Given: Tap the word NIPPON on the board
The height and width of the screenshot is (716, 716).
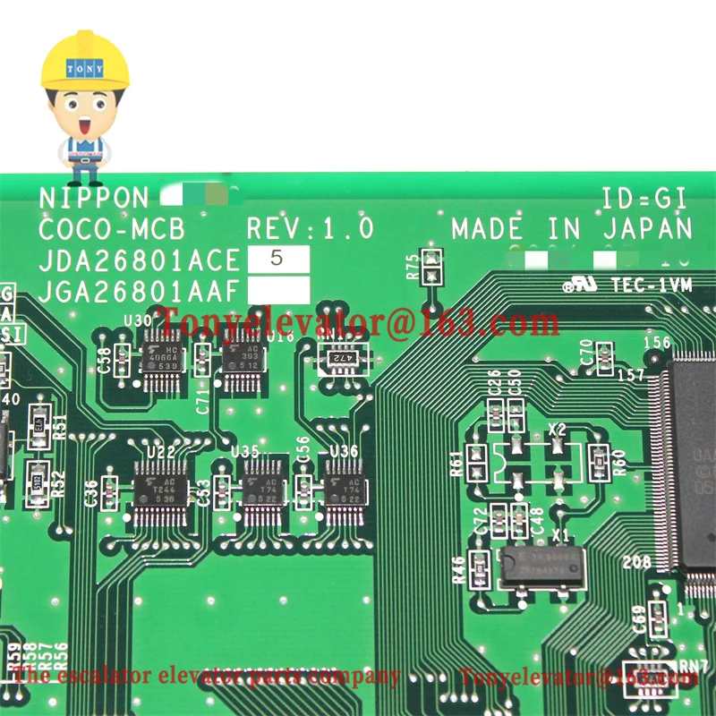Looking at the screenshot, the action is click(94, 199).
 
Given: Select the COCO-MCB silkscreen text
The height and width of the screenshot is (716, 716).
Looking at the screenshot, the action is click(112, 229).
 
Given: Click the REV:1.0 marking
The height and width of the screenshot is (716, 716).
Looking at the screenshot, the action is click(311, 228).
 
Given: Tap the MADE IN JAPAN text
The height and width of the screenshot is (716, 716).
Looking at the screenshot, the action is click(572, 228).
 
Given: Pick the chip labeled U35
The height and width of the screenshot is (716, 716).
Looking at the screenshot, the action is click(262, 489).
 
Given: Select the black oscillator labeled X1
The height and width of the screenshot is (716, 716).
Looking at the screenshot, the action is click(541, 565).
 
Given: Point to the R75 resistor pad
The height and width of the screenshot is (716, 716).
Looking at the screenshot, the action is click(432, 265).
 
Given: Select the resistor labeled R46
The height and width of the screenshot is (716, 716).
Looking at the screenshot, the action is click(480, 567).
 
